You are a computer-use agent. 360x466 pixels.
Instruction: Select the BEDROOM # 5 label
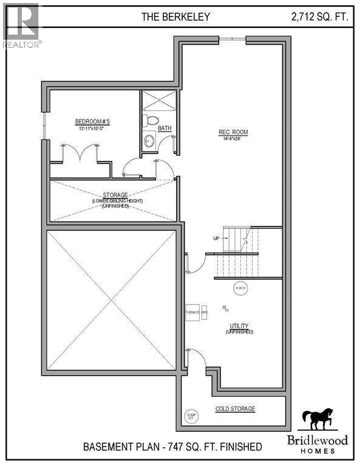tap(92, 121)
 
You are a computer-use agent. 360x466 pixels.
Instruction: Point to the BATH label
tap(165, 129)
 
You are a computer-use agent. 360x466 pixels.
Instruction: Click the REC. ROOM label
tap(234, 132)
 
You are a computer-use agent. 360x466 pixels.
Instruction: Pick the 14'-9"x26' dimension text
tap(234, 139)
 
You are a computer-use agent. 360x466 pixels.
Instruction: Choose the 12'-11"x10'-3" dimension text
tap(92, 129)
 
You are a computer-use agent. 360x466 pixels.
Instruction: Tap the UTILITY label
tap(239, 326)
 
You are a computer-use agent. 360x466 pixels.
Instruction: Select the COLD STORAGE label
tap(236, 409)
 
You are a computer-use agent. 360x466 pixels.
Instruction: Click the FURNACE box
tap(192, 312)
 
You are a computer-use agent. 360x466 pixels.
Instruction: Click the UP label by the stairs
tap(216, 238)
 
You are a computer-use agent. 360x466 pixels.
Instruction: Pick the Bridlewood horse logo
tap(318, 419)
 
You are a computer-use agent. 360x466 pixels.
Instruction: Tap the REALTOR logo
tap(21, 24)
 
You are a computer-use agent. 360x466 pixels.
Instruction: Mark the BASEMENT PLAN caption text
tap(172, 447)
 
